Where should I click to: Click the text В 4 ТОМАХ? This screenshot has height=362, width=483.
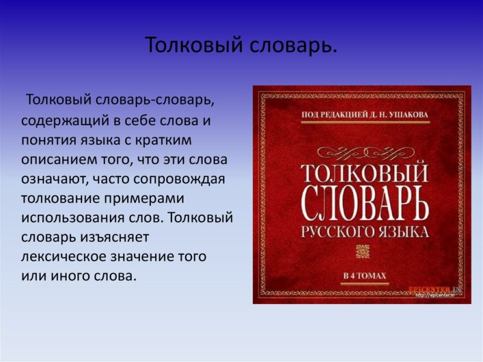[x=364, y=277]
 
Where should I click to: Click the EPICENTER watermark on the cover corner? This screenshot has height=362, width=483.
[x=430, y=289]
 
